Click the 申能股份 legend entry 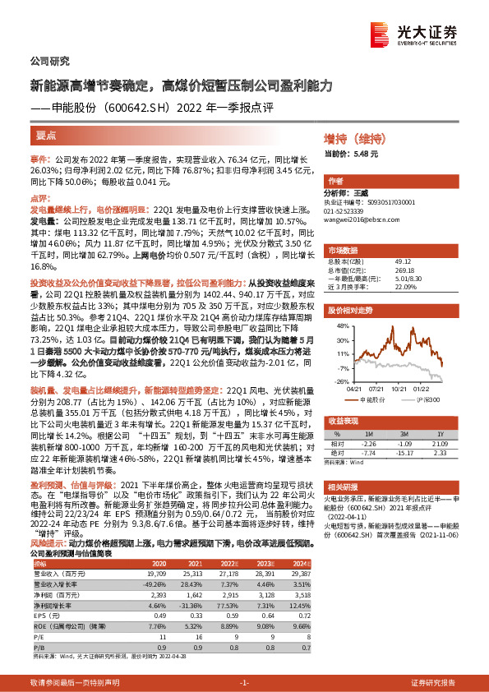pyautogui.click(x=376, y=399)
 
